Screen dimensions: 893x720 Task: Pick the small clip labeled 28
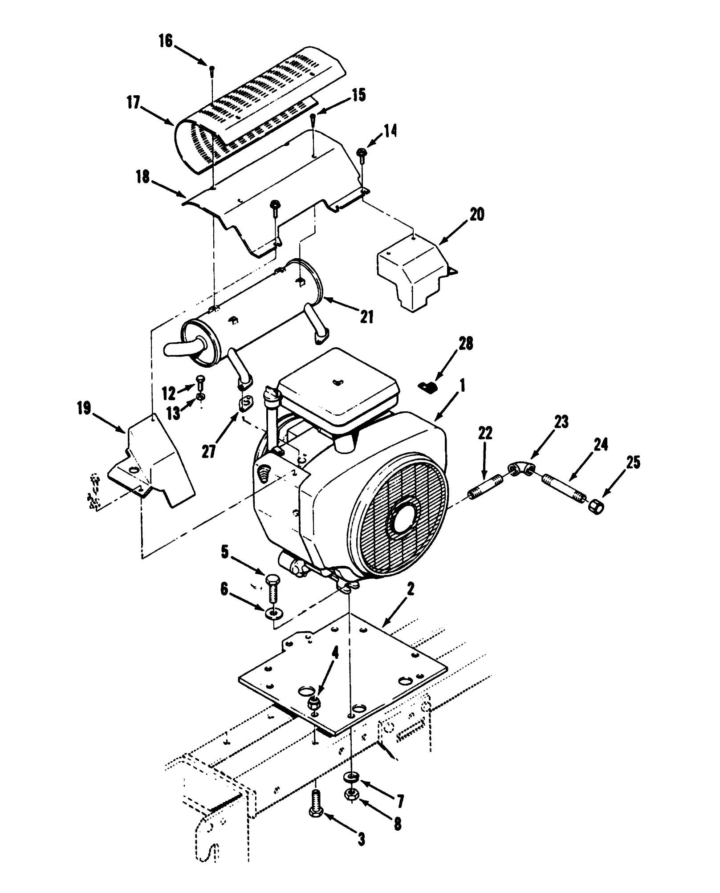(x=429, y=386)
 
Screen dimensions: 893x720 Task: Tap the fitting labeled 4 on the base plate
(x=314, y=703)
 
